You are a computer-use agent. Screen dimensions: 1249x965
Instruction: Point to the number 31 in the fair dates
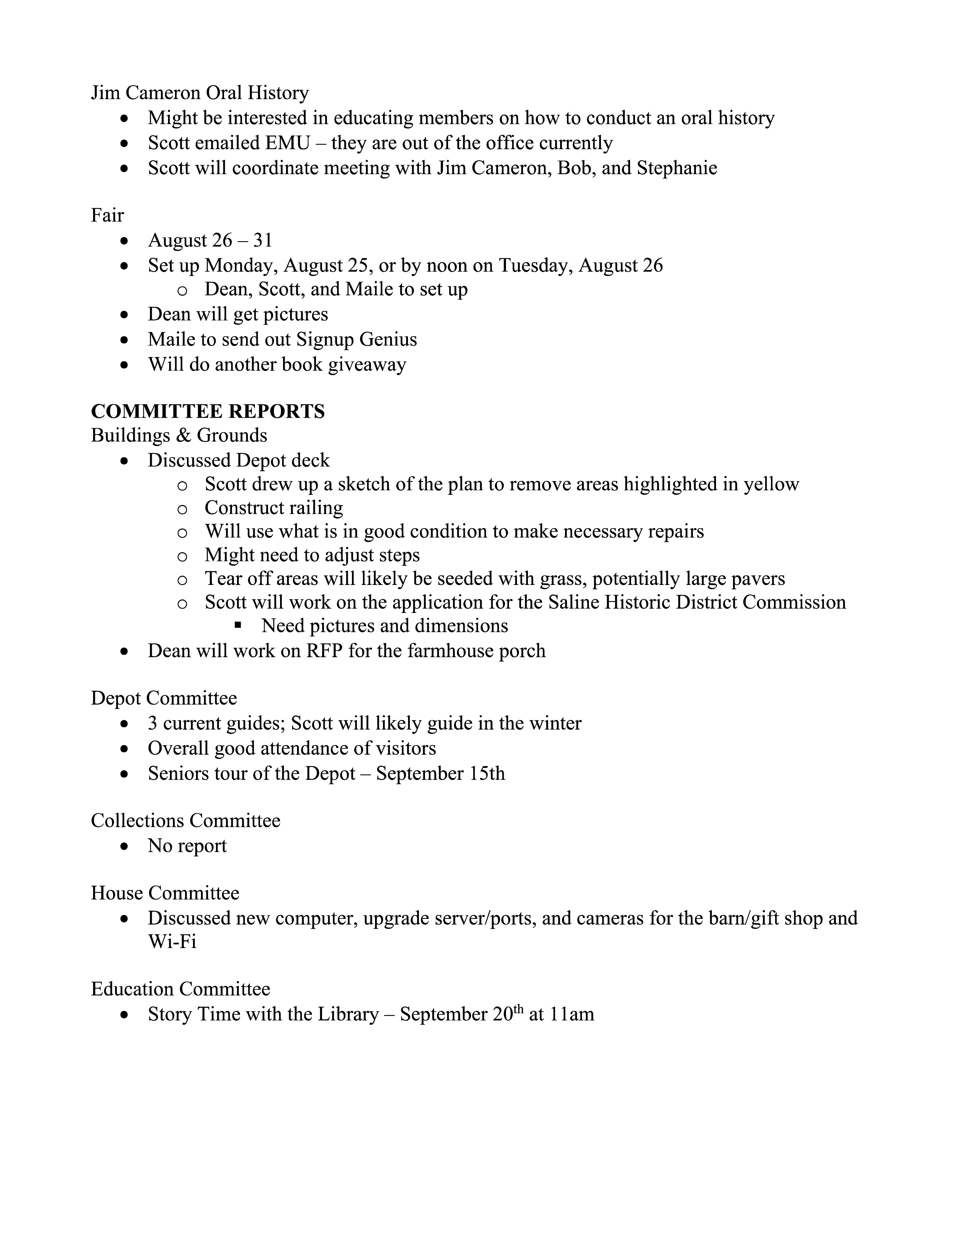tap(262, 240)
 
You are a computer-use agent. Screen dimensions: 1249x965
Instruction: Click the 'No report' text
tap(187, 846)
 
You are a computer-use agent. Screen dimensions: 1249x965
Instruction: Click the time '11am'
tap(572, 1014)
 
